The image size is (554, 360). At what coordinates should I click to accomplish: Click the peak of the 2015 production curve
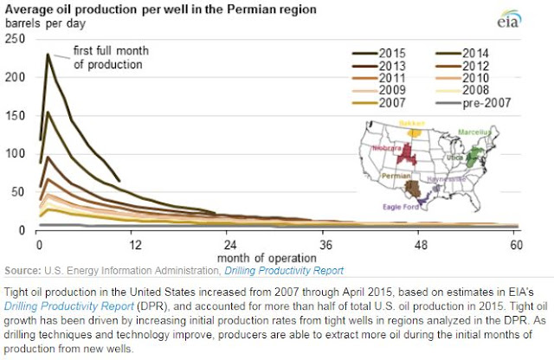click(48, 55)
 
